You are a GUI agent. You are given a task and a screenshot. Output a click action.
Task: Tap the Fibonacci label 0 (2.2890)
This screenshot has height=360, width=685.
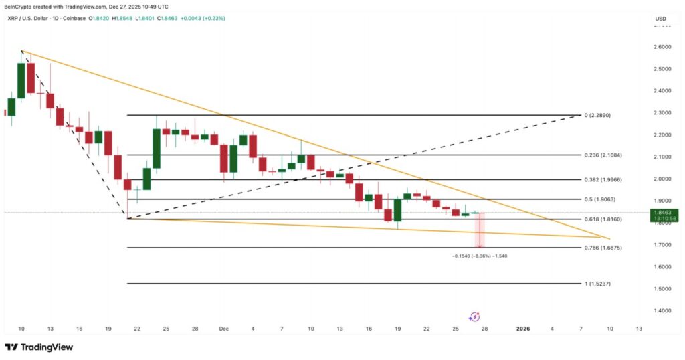tap(597, 116)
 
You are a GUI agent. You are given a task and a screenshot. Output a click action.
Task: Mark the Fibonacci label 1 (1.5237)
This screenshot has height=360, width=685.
tap(597, 284)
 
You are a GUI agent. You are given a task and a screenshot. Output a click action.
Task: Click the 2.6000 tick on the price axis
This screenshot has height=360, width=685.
tap(661, 47)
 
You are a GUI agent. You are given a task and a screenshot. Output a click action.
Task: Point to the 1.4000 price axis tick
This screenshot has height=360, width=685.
tap(661, 311)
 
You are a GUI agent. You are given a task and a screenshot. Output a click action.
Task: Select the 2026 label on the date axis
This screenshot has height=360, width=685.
tap(523, 329)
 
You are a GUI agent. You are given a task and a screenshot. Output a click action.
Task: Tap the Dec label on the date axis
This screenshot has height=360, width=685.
tap(224, 329)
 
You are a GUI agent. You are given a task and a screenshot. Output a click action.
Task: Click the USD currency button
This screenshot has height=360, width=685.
tap(661, 18)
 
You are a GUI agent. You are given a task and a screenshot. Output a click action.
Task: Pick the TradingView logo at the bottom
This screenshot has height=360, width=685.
tap(39, 347)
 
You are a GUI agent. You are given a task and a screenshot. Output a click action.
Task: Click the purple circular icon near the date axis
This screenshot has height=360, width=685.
tap(475, 317)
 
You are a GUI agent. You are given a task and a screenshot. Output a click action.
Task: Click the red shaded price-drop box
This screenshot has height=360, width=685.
tap(479, 231)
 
